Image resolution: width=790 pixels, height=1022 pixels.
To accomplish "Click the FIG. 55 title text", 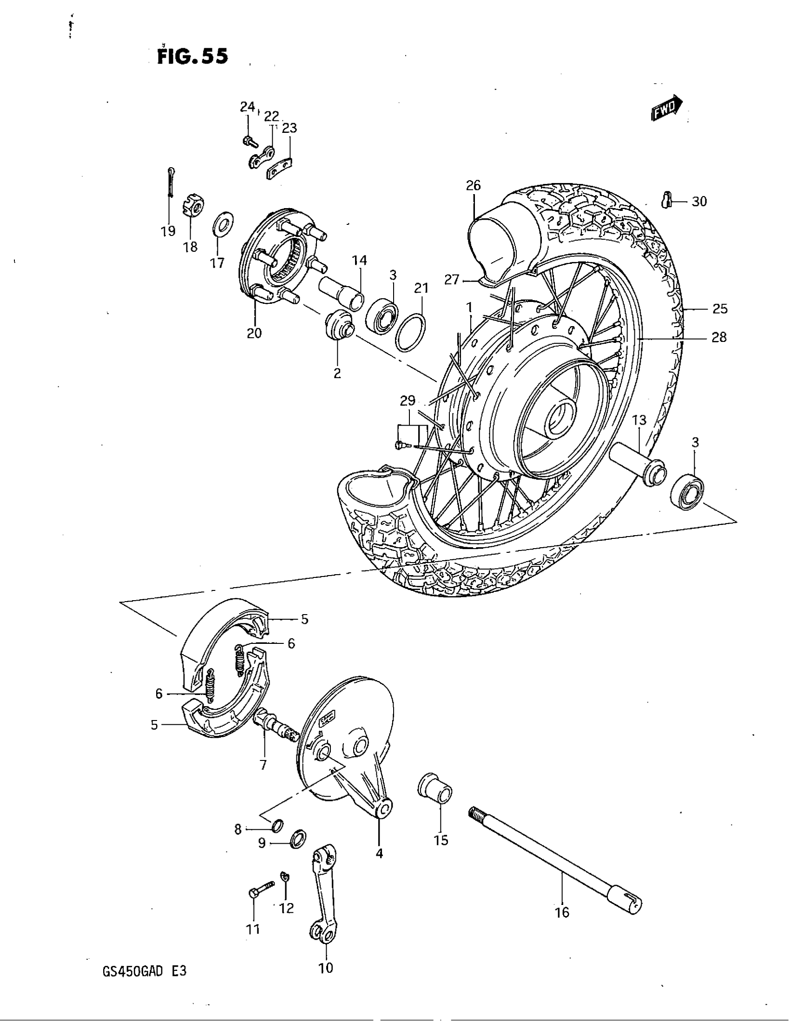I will click(192, 56).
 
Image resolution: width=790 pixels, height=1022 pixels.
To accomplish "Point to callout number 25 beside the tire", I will click(720, 309).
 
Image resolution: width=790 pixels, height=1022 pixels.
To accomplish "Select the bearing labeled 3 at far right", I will click(687, 492).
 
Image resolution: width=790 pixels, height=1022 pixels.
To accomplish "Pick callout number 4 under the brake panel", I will click(379, 854).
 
